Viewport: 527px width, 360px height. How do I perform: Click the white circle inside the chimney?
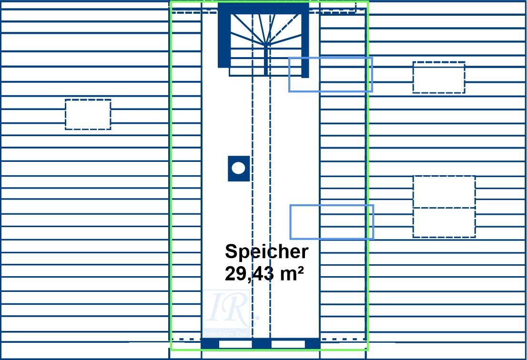point(238,168)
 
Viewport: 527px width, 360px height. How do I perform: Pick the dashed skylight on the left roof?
point(88,114)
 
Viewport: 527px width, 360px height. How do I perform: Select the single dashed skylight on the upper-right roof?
point(439,77)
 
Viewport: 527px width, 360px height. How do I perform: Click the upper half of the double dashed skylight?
point(444,191)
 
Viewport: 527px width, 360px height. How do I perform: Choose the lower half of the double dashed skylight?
point(444,222)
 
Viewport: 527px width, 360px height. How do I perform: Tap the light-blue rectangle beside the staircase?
point(330,74)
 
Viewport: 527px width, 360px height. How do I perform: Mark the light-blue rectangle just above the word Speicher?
point(332,222)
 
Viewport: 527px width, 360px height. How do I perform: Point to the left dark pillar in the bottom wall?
point(210,343)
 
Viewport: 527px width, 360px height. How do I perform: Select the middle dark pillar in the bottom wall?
point(261,343)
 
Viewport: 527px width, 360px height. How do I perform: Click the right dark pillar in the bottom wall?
point(312,343)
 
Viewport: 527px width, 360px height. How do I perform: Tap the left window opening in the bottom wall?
point(235,343)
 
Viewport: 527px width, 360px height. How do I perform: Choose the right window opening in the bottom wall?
point(288,343)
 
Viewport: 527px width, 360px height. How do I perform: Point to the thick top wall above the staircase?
point(263,8)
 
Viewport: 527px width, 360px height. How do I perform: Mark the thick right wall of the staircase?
point(305,43)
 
